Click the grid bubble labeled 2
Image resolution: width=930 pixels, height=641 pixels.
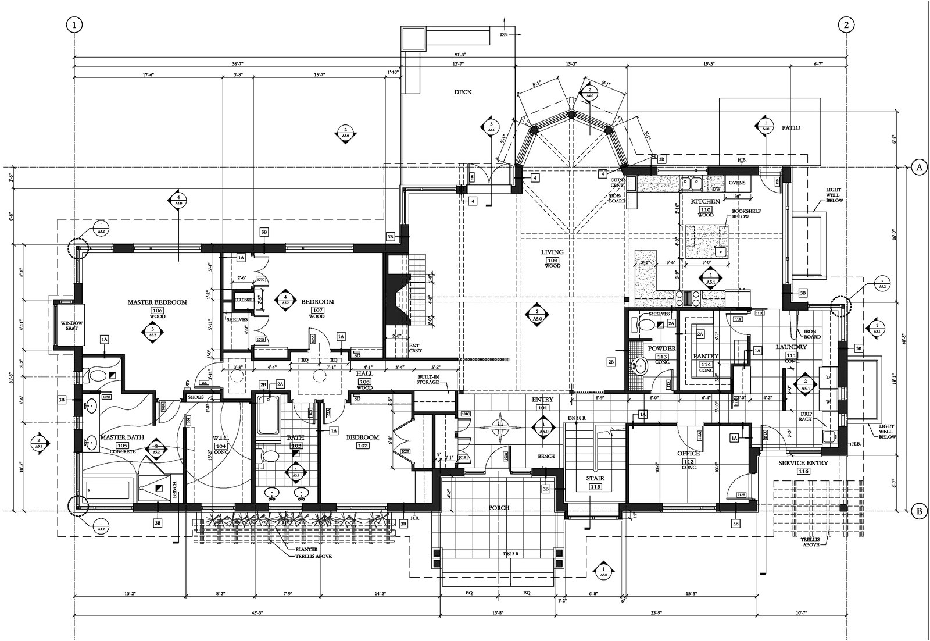(846, 24)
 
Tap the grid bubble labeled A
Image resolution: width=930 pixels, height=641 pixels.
(919, 167)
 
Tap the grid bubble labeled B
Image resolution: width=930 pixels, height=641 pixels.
(919, 512)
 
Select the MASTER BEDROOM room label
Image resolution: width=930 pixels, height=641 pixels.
(157, 302)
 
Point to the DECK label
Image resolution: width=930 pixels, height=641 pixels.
(463, 92)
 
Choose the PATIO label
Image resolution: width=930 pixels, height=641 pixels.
(791, 127)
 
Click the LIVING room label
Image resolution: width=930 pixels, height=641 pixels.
(552, 252)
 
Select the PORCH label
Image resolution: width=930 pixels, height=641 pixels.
(499, 508)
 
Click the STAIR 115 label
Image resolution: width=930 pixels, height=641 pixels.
(595, 479)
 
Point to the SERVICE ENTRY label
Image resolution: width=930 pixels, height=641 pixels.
(803, 463)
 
